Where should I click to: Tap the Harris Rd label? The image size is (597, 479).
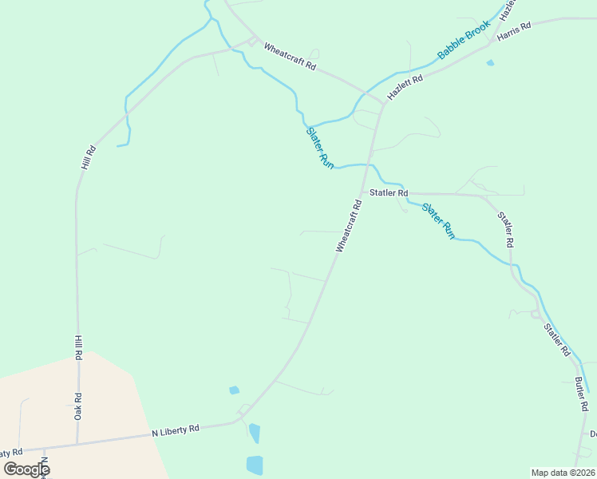pyautogui.click(x=513, y=32)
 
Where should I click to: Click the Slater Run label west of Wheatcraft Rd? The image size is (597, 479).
pyautogui.click(x=320, y=148)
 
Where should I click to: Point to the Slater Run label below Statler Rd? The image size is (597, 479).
pyautogui.click(x=438, y=221)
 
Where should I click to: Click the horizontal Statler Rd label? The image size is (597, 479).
pyautogui.click(x=389, y=193)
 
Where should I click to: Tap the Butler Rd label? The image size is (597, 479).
pyautogui.click(x=581, y=394)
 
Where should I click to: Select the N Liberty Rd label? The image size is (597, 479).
pyautogui.click(x=176, y=430)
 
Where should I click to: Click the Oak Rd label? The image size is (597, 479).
pyautogui.click(x=78, y=406)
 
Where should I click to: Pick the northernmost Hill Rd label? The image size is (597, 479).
pyautogui.click(x=88, y=157)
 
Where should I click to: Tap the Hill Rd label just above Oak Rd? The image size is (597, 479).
pyautogui.click(x=78, y=349)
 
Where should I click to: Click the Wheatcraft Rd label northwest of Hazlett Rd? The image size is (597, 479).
pyautogui.click(x=290, y=57)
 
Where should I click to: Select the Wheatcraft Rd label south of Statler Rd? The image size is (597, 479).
pyautogui.click(x=349, y=226)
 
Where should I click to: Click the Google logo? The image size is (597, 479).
pyautogui.click(x=26, y=469)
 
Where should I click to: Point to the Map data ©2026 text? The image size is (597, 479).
pyautogui.click(x=563, y=472)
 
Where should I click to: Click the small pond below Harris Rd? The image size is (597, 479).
pyautogui.click(x=490, y=62)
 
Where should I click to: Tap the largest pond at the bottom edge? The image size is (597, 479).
pyautogui.click(x=255, y=465)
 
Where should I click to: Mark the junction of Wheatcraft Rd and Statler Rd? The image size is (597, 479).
pyautogui.click(x=363, y=192)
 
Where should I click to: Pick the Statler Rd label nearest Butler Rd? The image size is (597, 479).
pyautogui.click(x=557, y=339)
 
